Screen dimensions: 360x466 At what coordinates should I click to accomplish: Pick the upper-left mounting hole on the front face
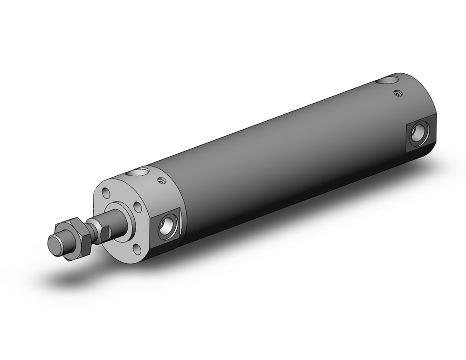point(106,193)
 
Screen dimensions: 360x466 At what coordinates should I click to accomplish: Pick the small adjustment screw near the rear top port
point(397,93)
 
